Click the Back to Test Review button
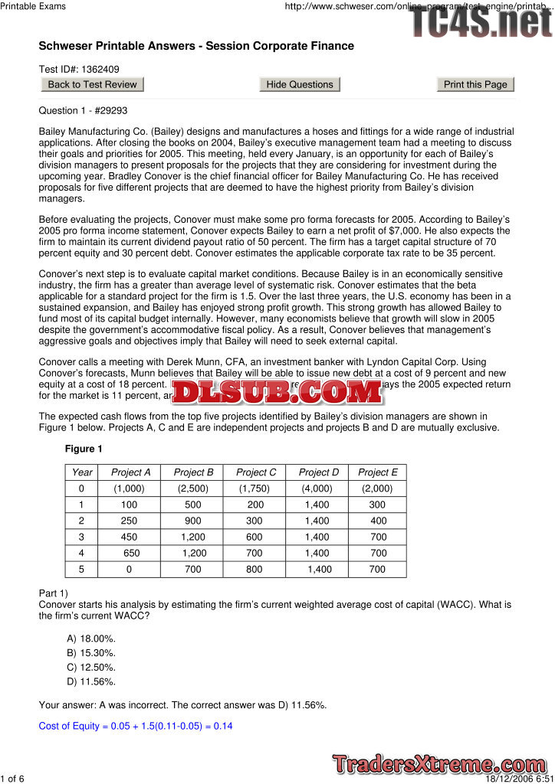click(92, 84)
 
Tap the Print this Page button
click(475, 84)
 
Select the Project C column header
click(256, 472)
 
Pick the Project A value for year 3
click(130, 537)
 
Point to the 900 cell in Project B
click(193, 521)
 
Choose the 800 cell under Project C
click(255, 569)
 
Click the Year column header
click(82, 472)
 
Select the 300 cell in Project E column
click(377, 505)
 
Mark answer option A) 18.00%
click(91, 639)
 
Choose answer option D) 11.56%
click(91, 681)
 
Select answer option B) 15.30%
click(91, 653)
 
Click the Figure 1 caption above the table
click(84, 449)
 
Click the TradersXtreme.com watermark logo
click(439, 763)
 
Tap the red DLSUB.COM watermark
click(277, 392)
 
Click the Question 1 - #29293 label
click(83, 110)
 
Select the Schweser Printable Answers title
click(196, 46)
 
